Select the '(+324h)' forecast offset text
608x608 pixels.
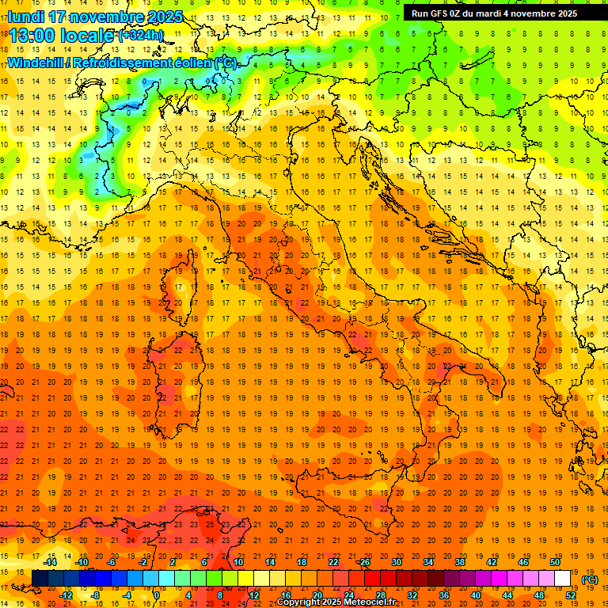tap(140, 35)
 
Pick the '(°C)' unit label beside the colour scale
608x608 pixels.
tap(590, 579)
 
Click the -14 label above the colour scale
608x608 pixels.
tap(50, 562)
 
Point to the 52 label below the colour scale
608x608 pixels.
tap(570, 595)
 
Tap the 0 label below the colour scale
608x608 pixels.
tap(156, 595)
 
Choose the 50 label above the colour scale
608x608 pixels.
tap(555, 562)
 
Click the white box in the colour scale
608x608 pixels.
tap(562, 578)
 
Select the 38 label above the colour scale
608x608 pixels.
tap(460, 562)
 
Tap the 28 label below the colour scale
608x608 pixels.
tap(380, 595)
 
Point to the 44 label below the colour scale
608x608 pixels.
tap(507, 595)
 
